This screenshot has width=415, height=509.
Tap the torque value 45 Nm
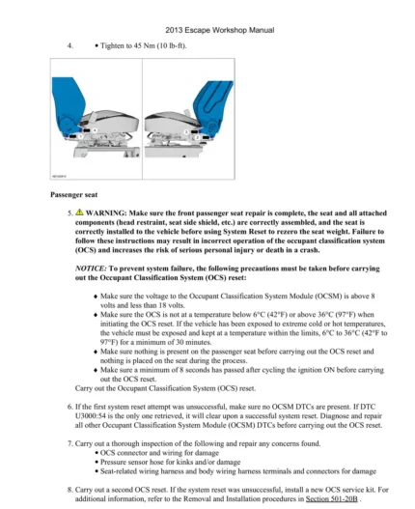pyautogui.click(x=131, y=45)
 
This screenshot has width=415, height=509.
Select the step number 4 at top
pyautogui.click(x=69, y=45)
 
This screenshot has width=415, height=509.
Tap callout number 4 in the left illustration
pyautogui.click(x=94, y=129)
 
